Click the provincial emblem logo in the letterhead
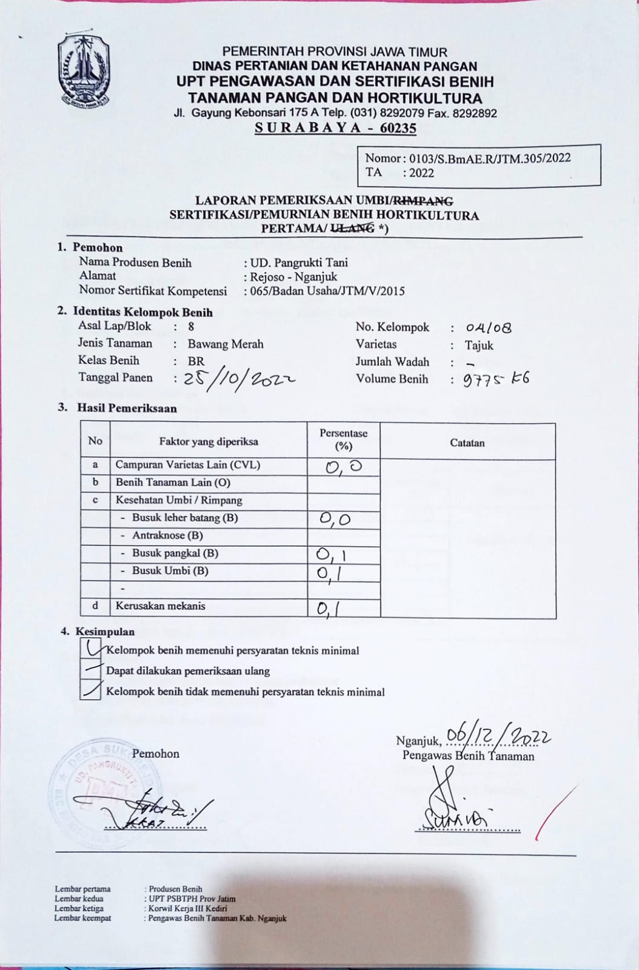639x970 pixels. coord(84,72)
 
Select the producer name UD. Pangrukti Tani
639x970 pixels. coord(299,263)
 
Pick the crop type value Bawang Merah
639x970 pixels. coord(226,344)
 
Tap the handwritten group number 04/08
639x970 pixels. coord(489,328)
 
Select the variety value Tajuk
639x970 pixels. coord(479,346)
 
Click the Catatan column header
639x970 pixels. coord(467,443)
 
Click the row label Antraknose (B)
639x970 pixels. coord(167,535)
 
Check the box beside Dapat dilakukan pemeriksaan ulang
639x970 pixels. coord(91,669)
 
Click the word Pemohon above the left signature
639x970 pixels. coord(156,754)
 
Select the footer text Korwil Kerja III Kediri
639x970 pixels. coord(188,909)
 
